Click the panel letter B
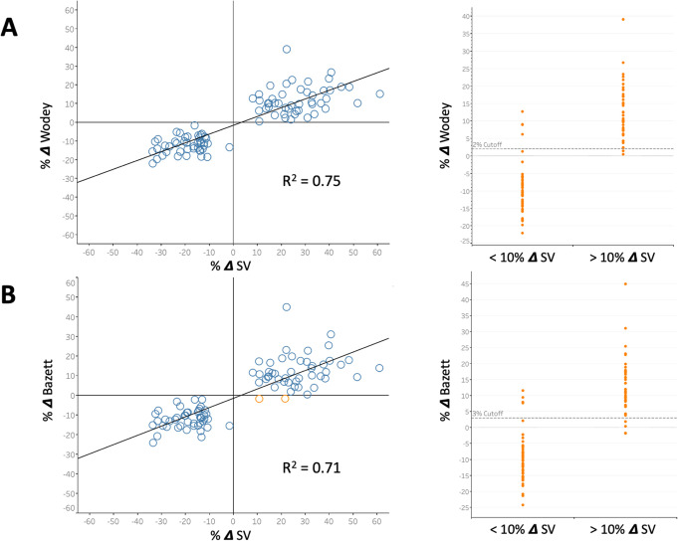(x=14, y=292)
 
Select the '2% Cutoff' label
(x=485, y=145)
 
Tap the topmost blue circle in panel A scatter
(x=287, y=49)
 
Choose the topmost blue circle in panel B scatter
(x=287, y=307)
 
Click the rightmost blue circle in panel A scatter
(x=379, y=93)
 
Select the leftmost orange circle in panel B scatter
(x=259, y=399)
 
